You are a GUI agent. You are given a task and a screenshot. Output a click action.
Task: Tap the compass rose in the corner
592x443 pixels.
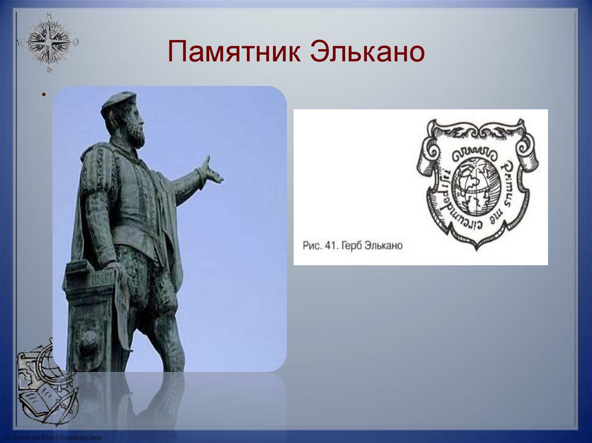(x=48, y=42)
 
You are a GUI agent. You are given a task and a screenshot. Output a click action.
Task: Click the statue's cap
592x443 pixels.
(x=118, y=100)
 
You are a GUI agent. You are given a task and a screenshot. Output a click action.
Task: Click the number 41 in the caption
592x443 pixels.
(x=331, y=245)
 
